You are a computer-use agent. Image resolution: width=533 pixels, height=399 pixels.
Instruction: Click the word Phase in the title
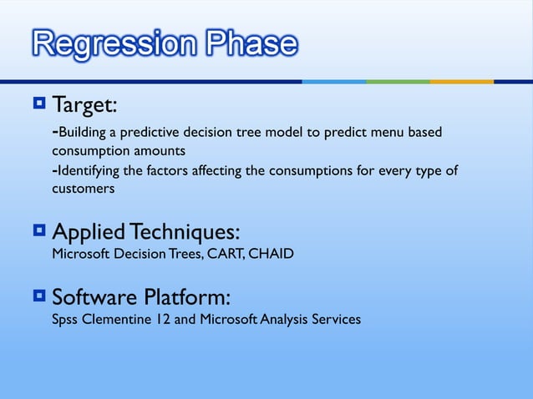tap(247, 43)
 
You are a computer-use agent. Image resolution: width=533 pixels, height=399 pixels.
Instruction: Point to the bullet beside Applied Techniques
tap(39, 230)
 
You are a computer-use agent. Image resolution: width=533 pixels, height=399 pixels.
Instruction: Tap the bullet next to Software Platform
tap(39, 296)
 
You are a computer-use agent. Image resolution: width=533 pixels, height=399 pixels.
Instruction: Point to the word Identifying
tap(86, 171)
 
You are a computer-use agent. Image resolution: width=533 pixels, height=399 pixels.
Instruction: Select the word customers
tap(83, 189)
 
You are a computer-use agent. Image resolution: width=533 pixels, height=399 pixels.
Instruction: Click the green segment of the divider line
tap(398, 82)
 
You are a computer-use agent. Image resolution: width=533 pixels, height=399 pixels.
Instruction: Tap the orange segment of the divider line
tap(461, 82)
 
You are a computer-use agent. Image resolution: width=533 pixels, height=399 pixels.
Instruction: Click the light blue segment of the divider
tap(334, 82)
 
